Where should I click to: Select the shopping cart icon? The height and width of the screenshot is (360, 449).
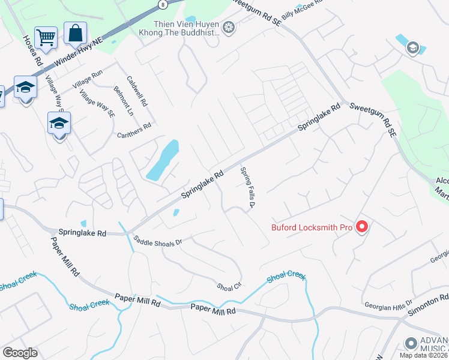pos(46,37)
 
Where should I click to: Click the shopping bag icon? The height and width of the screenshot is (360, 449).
pos(75,33)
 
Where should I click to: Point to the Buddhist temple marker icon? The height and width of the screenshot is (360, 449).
pos(228,26)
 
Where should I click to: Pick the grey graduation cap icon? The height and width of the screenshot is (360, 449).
pos(412,48)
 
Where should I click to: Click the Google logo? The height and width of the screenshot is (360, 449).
pos(20,353)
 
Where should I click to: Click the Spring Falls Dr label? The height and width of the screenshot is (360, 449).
pos(248,189)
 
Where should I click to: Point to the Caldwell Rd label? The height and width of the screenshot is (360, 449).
pos(137,91)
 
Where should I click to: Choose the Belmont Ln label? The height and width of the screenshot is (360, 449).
pos(123,100)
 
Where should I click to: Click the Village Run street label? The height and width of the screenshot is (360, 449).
pos(88,80)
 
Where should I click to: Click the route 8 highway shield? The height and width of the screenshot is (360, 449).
pos(161,4)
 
